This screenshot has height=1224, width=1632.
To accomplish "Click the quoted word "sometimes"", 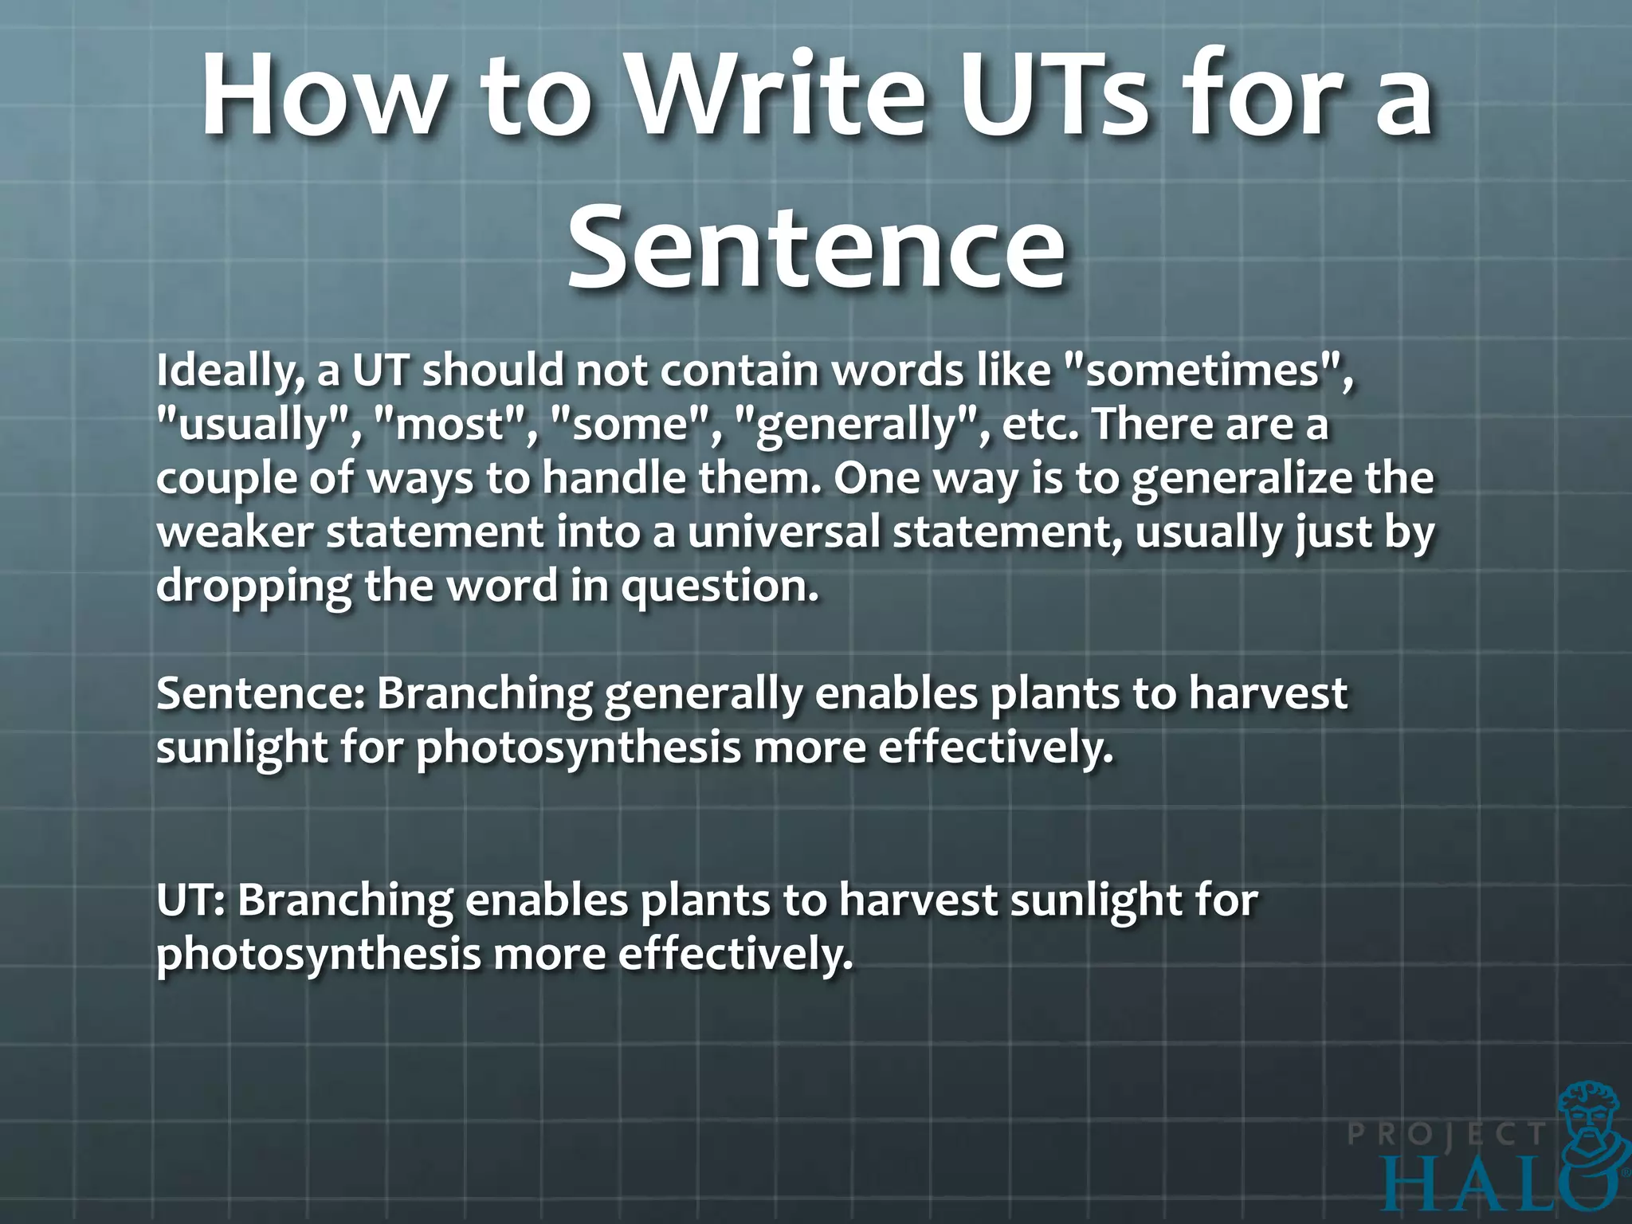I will point(1208,372).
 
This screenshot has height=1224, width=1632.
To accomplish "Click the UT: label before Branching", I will point(192,901).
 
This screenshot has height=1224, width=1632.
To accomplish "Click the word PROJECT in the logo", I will point(1446,1134).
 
